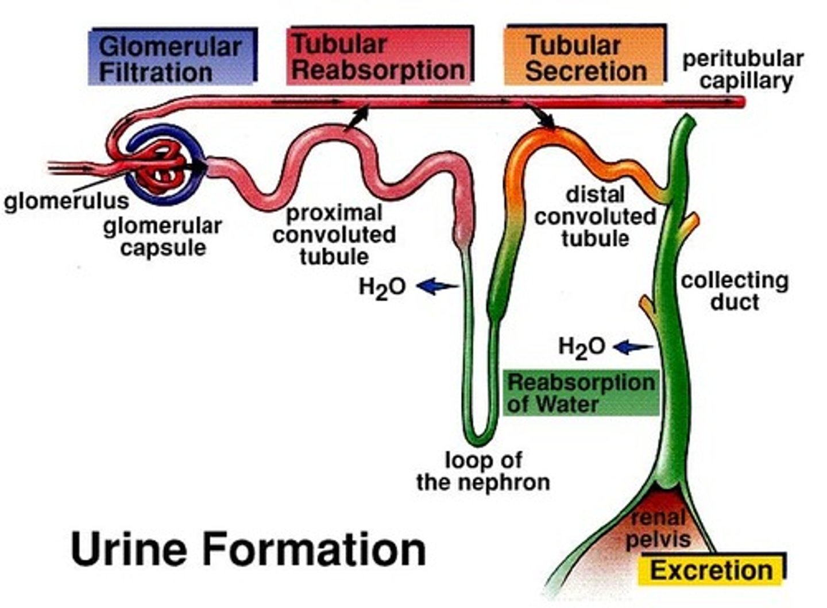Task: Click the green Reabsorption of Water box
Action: (x=581, y=393)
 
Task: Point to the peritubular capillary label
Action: (x=743, y=69)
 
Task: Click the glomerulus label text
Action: (x=66, y=201)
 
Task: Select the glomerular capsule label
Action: (x=163, y=237)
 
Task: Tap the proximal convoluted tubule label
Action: (x=334, y=234)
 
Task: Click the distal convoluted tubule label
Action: (x=595, y=216)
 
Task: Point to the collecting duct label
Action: (x=735, y=291)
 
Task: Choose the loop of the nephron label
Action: (x=483, y=471)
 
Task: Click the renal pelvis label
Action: (x=658, y=529)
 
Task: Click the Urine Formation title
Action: (x=248, y=549)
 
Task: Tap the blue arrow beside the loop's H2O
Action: (x=438, y=285)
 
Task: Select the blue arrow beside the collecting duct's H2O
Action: (x=633, y=347)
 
